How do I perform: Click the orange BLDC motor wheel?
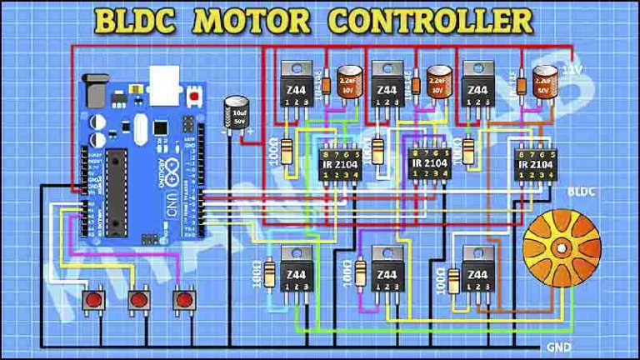[x=561, y=247]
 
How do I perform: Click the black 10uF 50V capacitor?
[x=234, y=114]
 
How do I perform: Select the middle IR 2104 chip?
[x=429, y=163]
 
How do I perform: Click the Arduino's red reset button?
[x=195, y=98]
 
